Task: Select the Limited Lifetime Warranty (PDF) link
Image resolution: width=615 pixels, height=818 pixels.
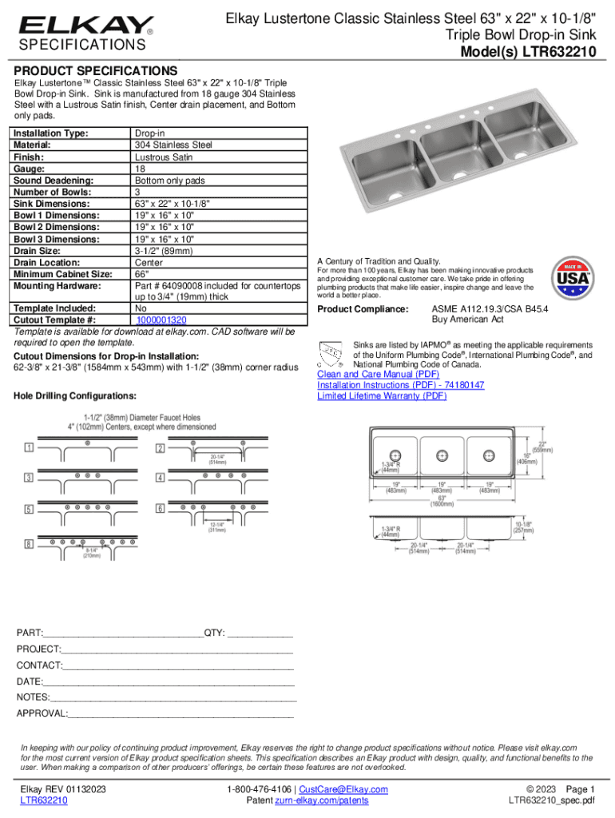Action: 382,395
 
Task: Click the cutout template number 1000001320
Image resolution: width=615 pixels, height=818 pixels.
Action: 161,320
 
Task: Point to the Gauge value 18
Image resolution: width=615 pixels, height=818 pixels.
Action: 140,169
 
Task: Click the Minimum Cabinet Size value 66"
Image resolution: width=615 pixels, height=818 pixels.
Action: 142,274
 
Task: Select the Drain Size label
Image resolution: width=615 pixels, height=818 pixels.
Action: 39,251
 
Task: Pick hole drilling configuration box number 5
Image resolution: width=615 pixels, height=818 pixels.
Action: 29,509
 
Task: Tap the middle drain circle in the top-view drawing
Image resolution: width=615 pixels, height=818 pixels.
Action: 442,455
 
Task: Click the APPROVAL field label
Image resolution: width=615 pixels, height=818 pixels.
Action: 42,713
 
